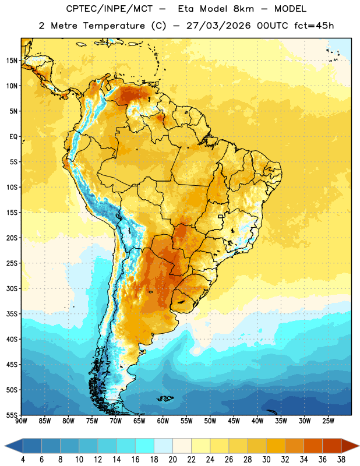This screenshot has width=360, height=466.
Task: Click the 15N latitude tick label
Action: (x=12, y=61)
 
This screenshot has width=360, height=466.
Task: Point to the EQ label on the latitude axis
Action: (x=13, y=137)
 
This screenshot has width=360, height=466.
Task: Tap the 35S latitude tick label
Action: (x=12, y=314)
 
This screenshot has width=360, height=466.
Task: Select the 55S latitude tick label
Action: (x=12, y=415)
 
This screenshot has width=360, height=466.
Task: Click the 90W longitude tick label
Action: (x=21, y=421)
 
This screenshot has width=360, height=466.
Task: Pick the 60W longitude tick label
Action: (x=163, y=421)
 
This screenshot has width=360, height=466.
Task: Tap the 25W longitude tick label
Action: (x=328, y=421)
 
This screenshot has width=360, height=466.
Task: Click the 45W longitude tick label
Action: (x=234, y=421)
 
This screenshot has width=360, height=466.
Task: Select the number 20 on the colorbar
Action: (x=172, y=460)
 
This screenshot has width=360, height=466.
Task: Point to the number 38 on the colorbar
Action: (x=341, y=460)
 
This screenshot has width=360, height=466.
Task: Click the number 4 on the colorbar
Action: (x=23, y=460)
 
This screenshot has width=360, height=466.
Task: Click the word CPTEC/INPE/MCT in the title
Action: (x=109, y=9)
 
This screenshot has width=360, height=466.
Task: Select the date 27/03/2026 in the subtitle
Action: (x=218, y=26)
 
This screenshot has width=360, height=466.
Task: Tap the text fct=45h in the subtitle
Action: (x=314, y=26)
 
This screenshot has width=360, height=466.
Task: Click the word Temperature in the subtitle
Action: (x=114, y=26)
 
